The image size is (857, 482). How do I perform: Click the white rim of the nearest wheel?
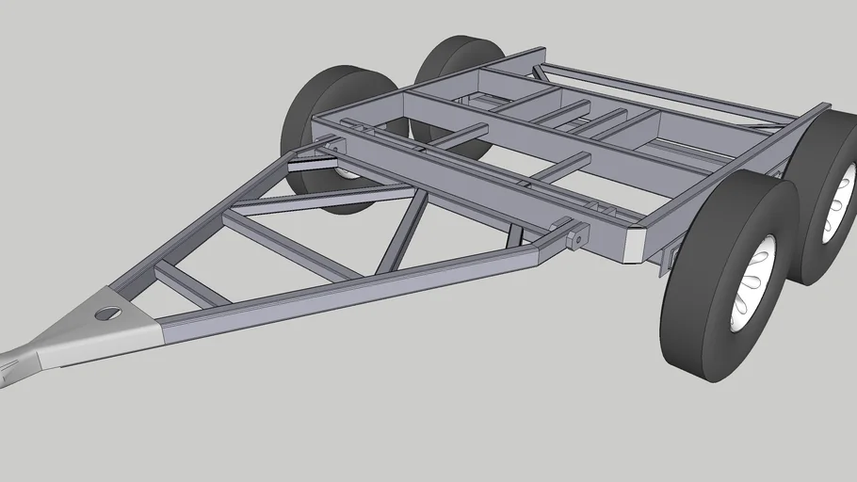point(753,280)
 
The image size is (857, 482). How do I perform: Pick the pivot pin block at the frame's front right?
point(574,236)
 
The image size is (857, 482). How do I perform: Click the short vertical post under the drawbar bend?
point(514,235)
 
